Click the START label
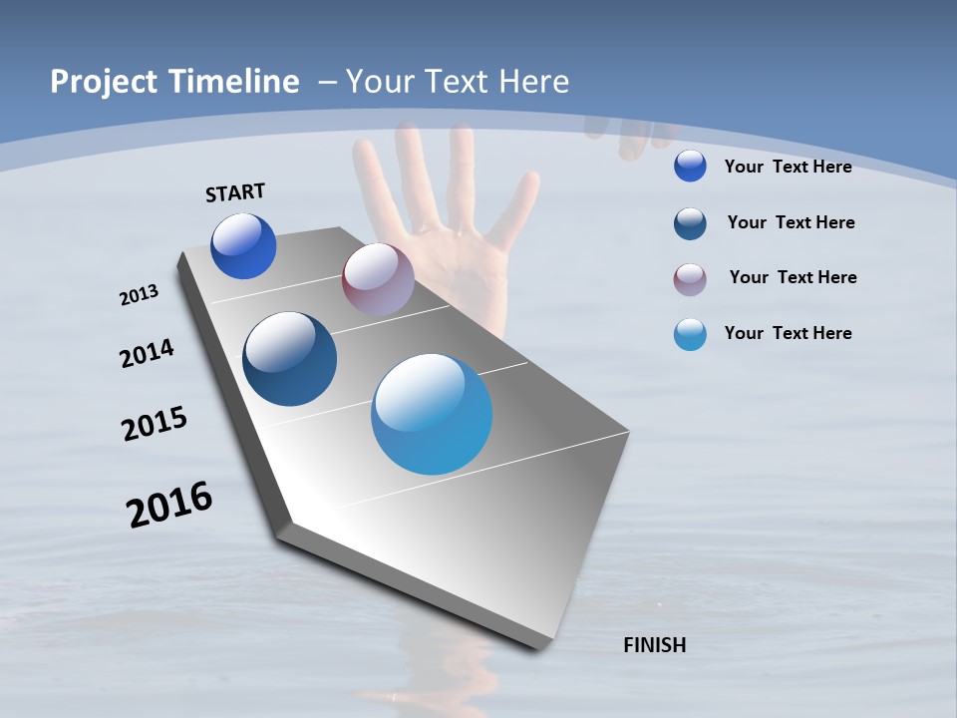point(235,192)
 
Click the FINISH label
point(655,645)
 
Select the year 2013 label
point(139,295)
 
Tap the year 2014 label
point(147,353)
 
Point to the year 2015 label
point(154,423)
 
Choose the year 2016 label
point(169,505)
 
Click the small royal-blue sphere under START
point(243,246)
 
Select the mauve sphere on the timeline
point(378,279)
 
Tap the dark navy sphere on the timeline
point(289,359)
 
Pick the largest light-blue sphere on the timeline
point(432,414)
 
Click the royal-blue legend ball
point(690,166)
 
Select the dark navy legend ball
point(690,223)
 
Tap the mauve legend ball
point(690,278)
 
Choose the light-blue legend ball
point(690,334)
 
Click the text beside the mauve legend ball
point(793,277)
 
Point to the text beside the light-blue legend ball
point(788,333)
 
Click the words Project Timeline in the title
point(174,82)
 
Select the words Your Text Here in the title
point(458,82)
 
